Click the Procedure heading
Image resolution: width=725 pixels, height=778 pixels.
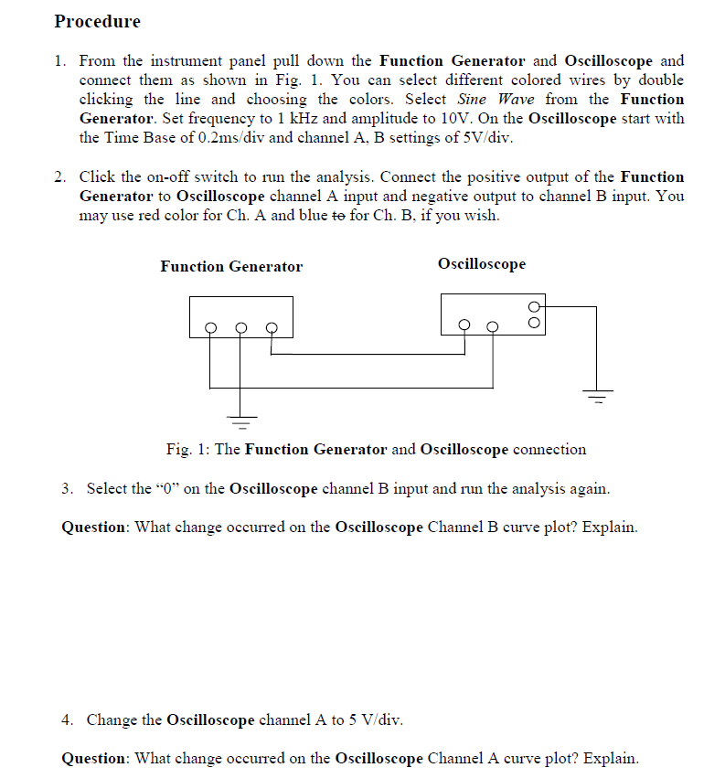click(x=97, y=21)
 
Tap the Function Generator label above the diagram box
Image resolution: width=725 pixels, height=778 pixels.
click(x=230, y=267)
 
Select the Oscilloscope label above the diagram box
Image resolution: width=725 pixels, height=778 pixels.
click(x=482, y=264)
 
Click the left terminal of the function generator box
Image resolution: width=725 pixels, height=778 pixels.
click(x=210, y=326)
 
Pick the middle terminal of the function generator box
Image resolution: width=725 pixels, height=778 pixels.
click(x=240, y=326)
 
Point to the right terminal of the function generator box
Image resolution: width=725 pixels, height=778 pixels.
click(x=271, y=326)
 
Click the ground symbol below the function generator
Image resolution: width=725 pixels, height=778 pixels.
click(x=240, y=422)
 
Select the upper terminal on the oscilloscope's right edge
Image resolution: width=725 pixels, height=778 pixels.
click(x=536, y=306)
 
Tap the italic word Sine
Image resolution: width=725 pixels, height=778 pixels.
click(x=474, y=100)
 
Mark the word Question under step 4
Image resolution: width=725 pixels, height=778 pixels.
click(x=95, y=759)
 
